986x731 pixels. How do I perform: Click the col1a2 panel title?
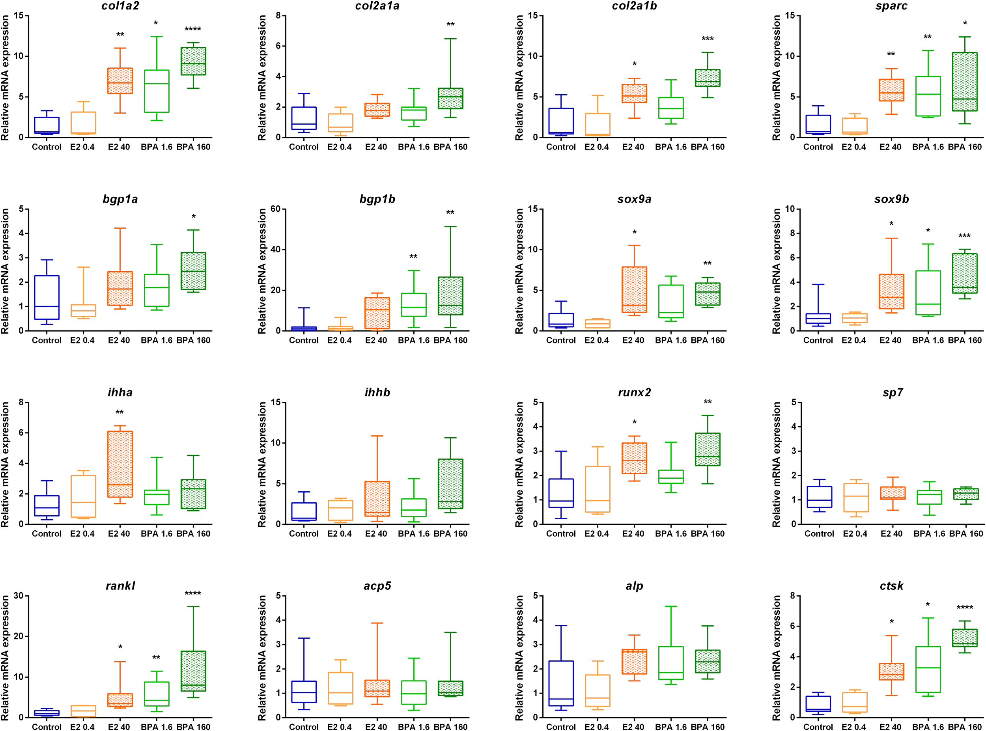pos(120,6)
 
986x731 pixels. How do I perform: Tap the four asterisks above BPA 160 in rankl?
pos(193,593)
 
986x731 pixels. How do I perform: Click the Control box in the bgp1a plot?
pos(47,297)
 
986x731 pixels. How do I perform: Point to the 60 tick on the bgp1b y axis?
pos(275,209)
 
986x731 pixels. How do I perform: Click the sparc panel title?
pos(891,6)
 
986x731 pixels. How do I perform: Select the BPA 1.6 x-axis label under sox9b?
pos(928,340)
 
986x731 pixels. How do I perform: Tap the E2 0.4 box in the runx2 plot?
pos(598,489)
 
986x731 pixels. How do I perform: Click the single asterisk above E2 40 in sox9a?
pos(634,233)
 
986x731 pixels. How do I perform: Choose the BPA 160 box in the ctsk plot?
pos(965,638)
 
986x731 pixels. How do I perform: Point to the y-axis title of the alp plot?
pos(519,658)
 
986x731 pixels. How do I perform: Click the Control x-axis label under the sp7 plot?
pos(819,533)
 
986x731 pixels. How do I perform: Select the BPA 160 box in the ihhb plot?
pos(450,484)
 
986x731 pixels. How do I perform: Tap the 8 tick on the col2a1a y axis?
pos(278,15)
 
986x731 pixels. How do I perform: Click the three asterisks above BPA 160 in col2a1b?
pos(707,39)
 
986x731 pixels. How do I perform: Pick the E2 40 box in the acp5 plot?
pos(377,688)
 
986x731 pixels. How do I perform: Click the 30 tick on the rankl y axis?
pos(18,596)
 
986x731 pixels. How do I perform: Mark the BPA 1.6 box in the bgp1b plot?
pos(414,304)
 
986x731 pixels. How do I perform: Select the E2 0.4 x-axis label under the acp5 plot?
pos(340,727)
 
